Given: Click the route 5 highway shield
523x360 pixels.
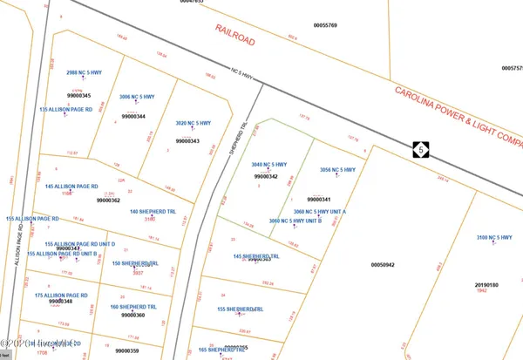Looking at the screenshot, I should click(x=422, y=150).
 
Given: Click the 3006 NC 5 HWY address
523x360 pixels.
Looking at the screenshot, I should click(x=136, y=97).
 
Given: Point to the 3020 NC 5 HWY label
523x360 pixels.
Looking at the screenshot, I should click(x=194, y=123).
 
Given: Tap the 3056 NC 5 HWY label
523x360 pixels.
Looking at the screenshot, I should click(x=337, y=170).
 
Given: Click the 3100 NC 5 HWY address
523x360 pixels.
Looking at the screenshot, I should click(x=494, y=238).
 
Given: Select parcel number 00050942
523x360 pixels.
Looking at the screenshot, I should click(x=383, y=264).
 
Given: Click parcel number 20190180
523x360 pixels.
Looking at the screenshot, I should click(x=486, y=284).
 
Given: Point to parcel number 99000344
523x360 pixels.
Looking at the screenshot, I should click(x=133, y=116).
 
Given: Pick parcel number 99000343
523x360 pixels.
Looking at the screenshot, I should click(x=187, y=141).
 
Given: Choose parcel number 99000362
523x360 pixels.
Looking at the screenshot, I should click(x=108, y=200).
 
